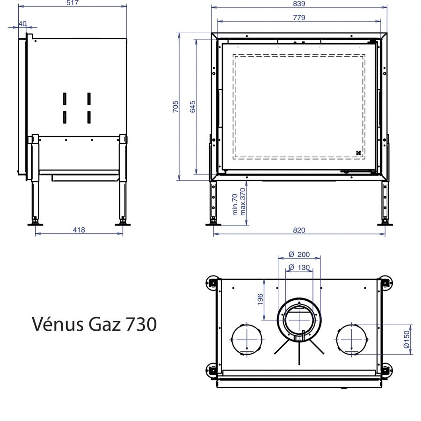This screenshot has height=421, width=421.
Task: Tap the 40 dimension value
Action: tap(22, 24)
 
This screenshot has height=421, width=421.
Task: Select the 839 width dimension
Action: tap(299, 3)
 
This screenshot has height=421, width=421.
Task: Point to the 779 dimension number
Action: tap(299, 18)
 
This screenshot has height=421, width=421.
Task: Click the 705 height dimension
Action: tap(175, 106)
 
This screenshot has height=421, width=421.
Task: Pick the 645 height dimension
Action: tap(193, 106)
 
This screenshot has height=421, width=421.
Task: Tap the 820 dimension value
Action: tap(299, 230)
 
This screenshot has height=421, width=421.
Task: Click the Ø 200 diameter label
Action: tap(299, 254)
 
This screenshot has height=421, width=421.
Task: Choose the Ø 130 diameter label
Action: tap(299, 267)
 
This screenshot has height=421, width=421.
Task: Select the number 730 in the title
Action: tap(140, 324)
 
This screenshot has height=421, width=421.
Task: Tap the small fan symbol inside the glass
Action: tap(359, 152)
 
